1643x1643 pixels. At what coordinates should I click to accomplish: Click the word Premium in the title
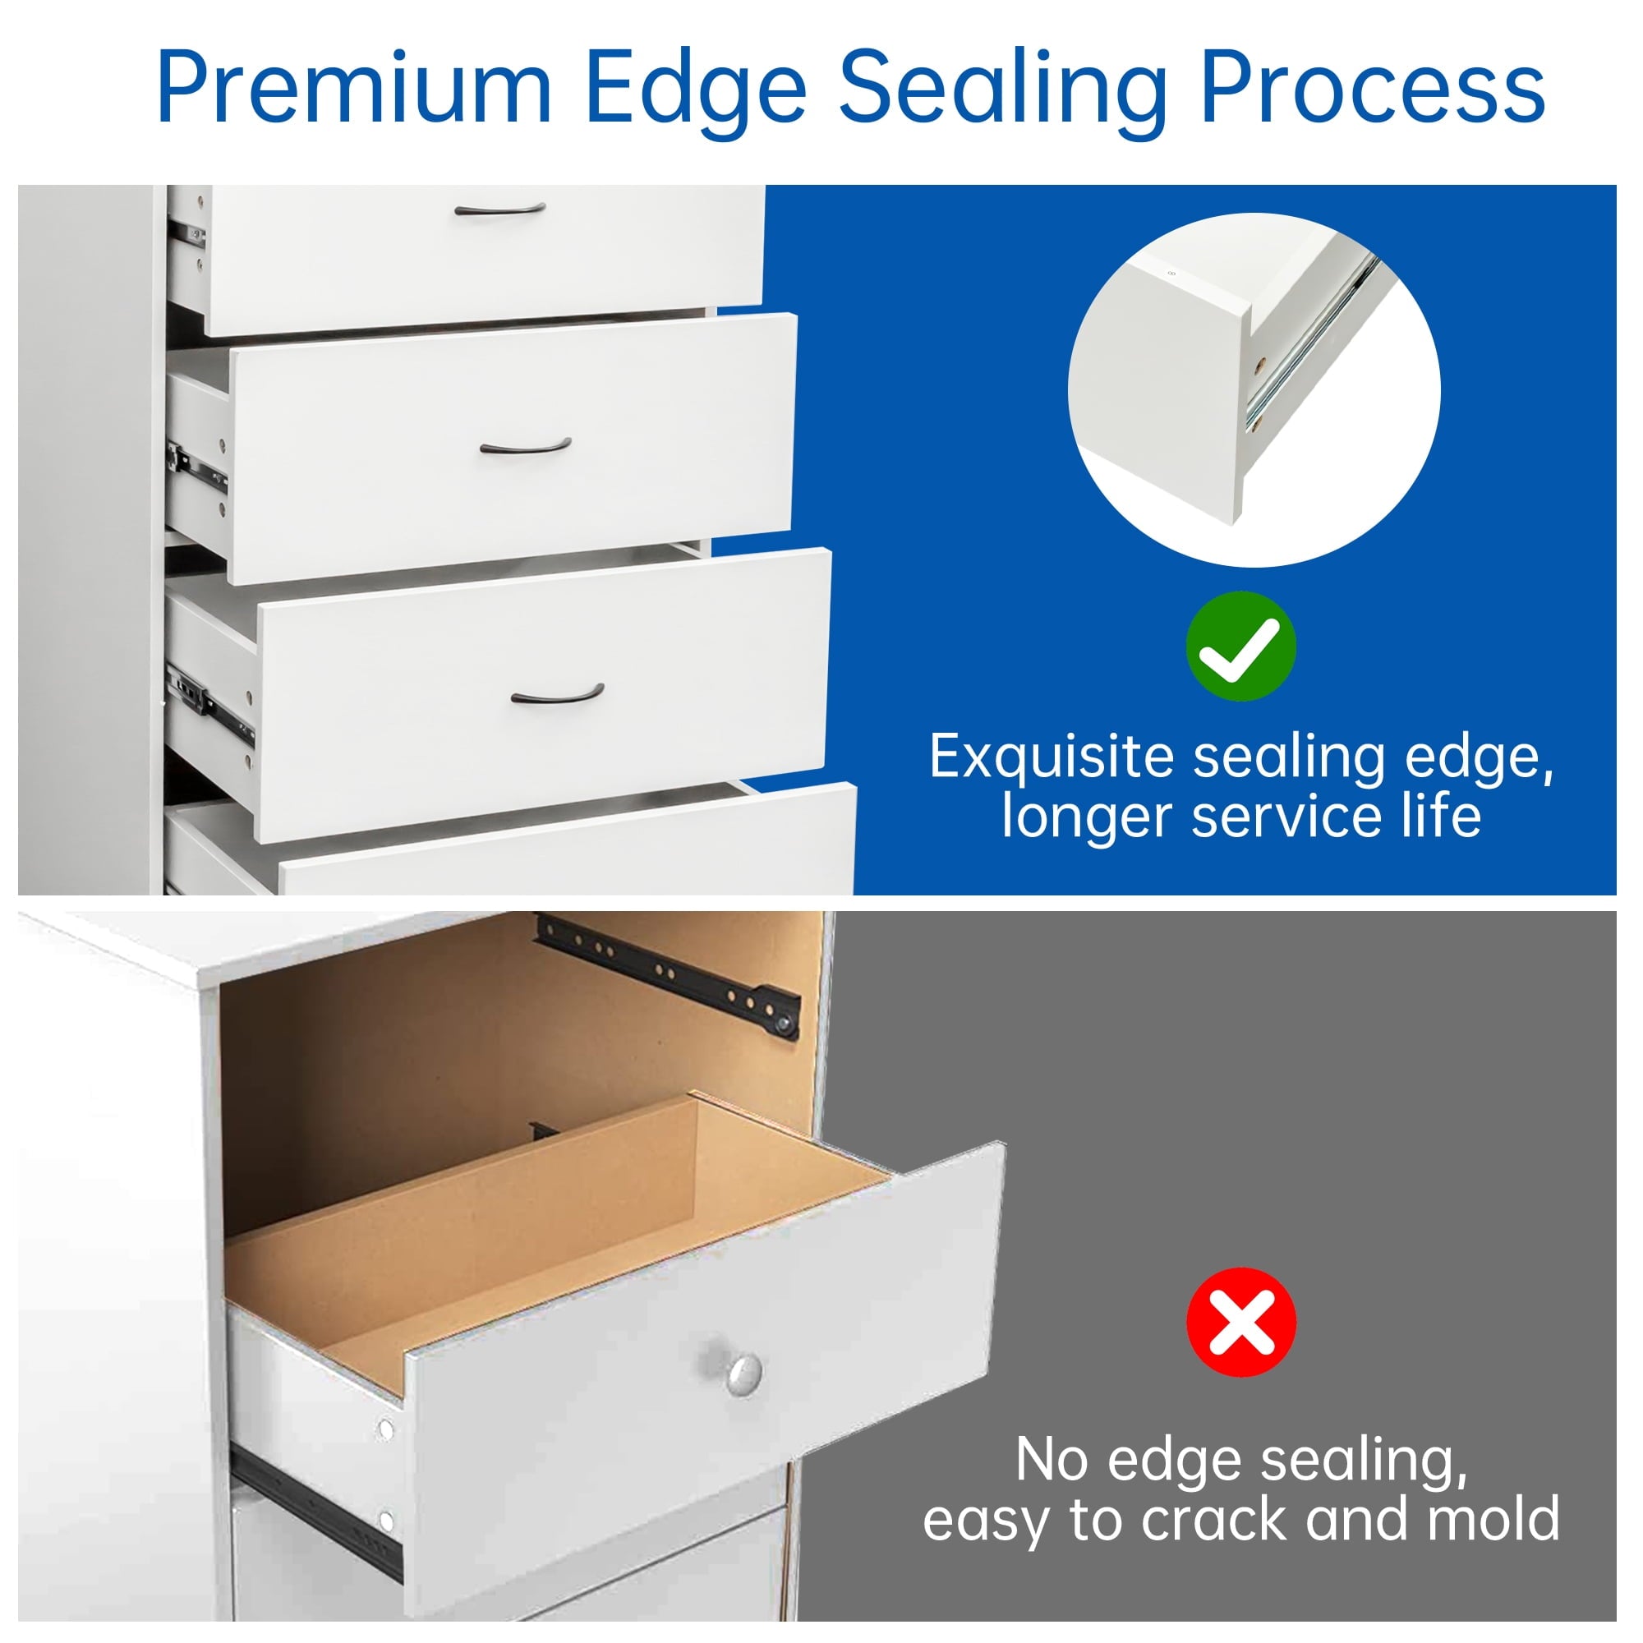tap(356, 89)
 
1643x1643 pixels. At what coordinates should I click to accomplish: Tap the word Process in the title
tap(1373, 89)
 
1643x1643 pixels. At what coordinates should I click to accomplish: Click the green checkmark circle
tap(1240, 647)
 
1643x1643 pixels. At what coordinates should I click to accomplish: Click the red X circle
tap(1240, 1322)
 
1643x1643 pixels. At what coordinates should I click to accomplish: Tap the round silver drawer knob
tap(743, 1374)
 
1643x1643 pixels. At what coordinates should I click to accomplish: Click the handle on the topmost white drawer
tap(500, 209)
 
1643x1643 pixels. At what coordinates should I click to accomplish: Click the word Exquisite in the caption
tap(1052, 757)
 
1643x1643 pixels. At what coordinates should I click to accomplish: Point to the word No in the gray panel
tap(1052, 1459)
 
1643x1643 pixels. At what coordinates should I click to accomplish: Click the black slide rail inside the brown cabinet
tap(669, 975)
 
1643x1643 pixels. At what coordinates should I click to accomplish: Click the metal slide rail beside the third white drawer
tap(209, 702)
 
